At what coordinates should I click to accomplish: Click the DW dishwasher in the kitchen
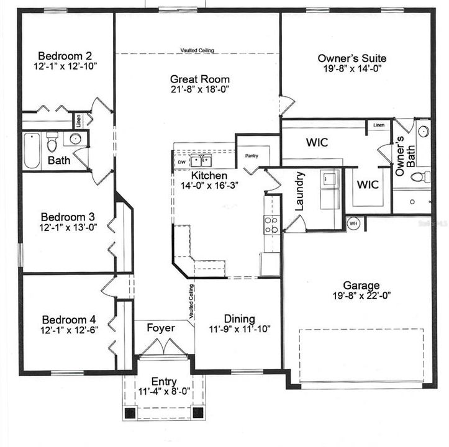point(181,162)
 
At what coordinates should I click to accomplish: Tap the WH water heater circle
point(353,223)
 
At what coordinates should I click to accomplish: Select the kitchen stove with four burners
point(271,224)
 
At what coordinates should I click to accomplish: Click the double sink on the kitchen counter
point(201,161)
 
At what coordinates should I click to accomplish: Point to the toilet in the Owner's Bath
point(420,177)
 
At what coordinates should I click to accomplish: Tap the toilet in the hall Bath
point(53,142)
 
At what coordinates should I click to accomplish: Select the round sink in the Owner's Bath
point(424,132)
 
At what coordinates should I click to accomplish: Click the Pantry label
point(252,156)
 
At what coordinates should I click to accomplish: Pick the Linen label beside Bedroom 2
point(79,120)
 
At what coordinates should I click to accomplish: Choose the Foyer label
point(160,327)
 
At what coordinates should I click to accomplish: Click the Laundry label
point(298,192)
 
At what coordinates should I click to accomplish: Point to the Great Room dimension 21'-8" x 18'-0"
point(200,90)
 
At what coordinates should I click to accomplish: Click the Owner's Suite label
point(348,58)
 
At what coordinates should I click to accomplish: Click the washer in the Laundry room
point(329,179)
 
